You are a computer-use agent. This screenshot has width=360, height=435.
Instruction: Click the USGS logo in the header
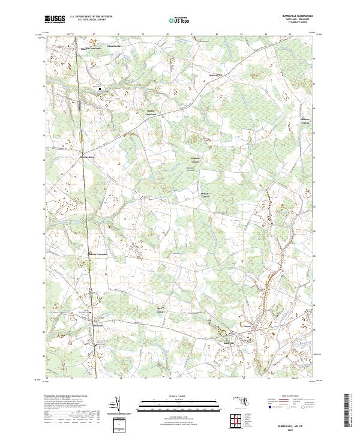click(55, 19)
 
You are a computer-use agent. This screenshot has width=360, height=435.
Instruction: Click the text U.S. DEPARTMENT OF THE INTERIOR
click(91, 17)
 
